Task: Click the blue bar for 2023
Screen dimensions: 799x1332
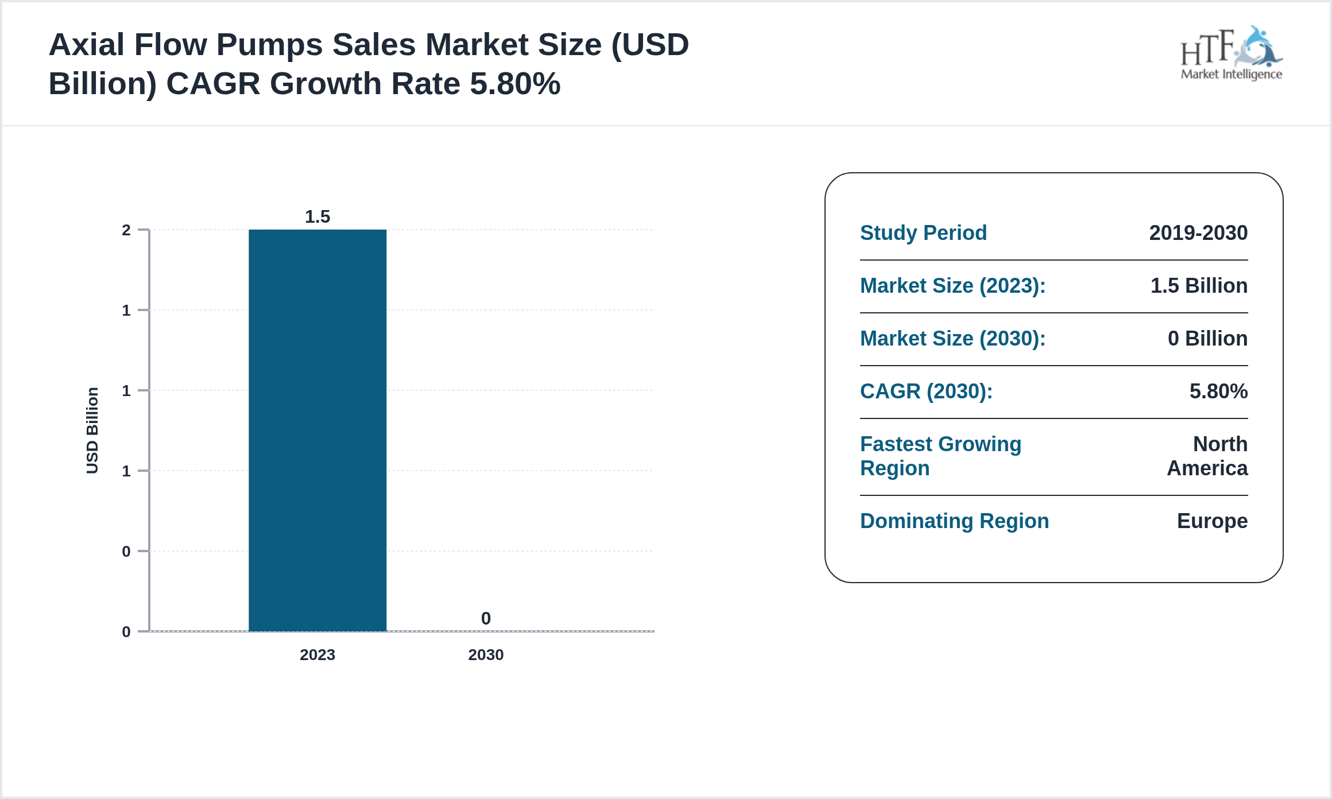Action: coord(317,430)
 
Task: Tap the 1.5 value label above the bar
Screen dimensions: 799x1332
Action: coord(317,216)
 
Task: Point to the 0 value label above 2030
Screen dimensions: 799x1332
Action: coord(486,618)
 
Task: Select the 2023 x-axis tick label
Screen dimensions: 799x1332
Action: coord(317,654)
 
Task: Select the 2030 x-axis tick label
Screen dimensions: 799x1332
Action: coord(486,654)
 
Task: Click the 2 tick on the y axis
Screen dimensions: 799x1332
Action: coord(126,230)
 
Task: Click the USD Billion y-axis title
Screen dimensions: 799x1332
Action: coord(92,430)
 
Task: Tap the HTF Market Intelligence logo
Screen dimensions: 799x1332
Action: coord(1231,54)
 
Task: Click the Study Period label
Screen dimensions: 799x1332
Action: coord(923,232)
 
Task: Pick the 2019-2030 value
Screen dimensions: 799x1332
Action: coord(1198,232)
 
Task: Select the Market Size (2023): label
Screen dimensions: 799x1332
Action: coord(952,285)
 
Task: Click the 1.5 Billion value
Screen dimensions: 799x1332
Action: coord(1199,285)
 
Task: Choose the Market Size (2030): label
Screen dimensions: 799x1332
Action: coord(952,338)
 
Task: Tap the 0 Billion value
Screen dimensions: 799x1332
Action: coord(1207,338)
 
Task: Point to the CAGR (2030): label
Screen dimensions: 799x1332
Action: coord(926,391)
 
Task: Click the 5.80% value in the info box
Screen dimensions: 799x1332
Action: coord(1218,391)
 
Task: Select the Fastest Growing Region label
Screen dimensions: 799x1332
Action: coord(940,456)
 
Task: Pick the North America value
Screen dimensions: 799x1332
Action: coord(1207,456)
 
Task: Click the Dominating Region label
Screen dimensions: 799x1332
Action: coord(954,521)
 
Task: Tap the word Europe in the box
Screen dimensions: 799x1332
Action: coord(1212,521)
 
